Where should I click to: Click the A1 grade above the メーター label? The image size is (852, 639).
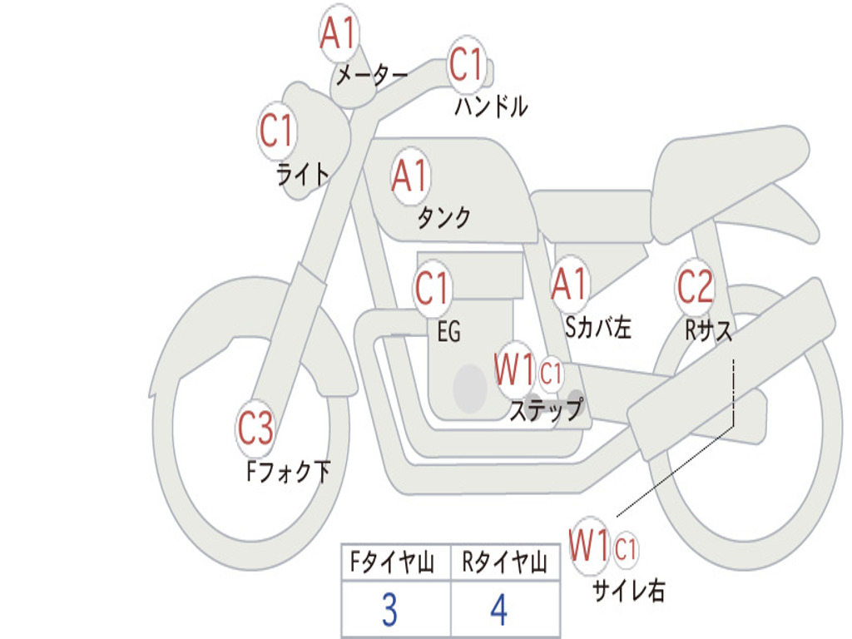click(339, 32)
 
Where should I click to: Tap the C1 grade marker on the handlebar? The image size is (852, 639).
click(466, 63)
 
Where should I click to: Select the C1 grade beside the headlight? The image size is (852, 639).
click(276, 131)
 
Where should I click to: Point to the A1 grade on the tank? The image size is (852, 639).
click(410, 176)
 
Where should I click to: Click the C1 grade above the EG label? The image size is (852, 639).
click(432, 289)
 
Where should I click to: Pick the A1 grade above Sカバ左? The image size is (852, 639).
click(569, 283)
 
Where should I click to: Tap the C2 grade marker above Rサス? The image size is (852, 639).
click(695, 286)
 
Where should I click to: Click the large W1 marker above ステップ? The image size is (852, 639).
click(514, 369)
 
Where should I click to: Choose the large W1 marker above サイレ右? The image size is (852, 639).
click(589, 546)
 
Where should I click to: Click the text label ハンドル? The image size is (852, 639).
click(491, 106)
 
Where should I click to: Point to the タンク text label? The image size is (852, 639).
click(444, 217)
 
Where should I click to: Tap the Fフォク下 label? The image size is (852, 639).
click(288, 472)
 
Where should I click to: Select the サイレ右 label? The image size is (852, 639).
click(629, 590)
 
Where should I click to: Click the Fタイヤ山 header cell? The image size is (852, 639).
click(396, 562)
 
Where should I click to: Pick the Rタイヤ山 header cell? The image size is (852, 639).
click(505, 562)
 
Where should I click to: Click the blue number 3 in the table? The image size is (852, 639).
click(389, 610)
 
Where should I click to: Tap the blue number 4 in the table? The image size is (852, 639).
click(499, 610)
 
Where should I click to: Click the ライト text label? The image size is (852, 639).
click(303, 175)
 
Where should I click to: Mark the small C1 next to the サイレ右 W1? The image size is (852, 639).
click(626, 549)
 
